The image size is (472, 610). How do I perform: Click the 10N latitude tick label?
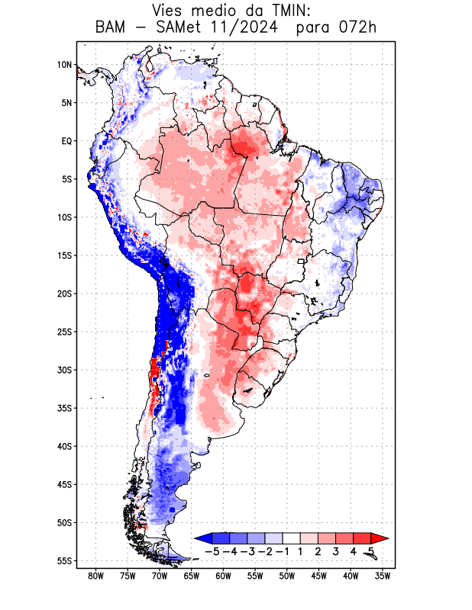coord(64,65)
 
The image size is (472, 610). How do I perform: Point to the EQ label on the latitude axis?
coord(66,141)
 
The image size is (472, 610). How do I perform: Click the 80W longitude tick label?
coord(95,576)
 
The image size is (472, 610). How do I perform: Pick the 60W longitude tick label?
coord(224,576)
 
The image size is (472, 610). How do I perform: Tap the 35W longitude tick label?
coord(383,576)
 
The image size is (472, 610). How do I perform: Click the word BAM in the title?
coord(114,29)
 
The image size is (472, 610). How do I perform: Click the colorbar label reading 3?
coord(336,551)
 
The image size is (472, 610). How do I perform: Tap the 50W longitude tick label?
coord(288,576)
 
